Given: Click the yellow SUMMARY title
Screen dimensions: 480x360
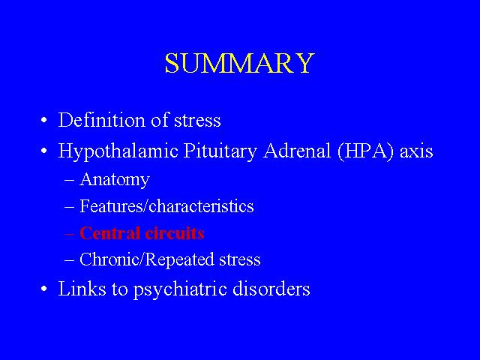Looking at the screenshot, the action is pos(240,63).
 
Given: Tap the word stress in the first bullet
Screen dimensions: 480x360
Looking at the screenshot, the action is pos(197,121).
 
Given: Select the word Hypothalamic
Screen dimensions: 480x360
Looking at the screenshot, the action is pos(118,151).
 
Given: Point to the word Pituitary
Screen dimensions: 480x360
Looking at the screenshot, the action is pos(220,151).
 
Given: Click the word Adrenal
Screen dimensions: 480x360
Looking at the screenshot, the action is pos(297,150).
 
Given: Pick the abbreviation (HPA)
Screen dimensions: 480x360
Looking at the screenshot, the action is pos(365,151).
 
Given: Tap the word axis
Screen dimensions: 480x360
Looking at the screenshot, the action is pos(416,151).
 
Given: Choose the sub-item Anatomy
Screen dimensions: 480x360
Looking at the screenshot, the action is pos(115,180).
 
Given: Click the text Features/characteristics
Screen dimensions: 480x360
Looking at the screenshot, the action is pos(166,205).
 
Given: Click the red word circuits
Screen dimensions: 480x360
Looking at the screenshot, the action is pos(175,233).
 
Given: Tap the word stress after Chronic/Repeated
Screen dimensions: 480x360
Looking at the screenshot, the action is pos(240,260).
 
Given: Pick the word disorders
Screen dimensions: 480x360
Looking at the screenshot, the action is pos(271,288).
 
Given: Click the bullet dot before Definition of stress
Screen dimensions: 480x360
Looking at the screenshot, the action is pos(44,120).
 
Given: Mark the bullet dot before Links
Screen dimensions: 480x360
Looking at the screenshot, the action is pos(44,289).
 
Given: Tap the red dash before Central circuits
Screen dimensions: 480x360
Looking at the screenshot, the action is pos(70,234).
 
